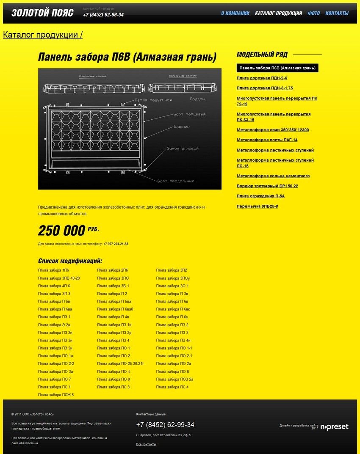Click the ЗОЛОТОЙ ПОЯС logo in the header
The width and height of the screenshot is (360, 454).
click(x=42, y=13)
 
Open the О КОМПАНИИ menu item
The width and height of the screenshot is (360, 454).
click(x=235, y=13)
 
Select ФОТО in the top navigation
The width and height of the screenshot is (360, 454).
click(x=314, y=13)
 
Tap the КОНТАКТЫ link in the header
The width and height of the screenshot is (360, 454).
click(x=337, y=13)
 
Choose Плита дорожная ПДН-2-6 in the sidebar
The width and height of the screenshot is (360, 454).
click(x=262, y=78)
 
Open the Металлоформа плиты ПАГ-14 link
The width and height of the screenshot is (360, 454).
click(x=267, y=140)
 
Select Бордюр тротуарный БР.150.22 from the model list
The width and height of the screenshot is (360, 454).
click(x=267, y=186)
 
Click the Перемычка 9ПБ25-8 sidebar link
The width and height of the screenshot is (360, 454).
click(x=257, y=206)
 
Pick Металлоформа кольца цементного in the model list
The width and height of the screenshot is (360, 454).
click(x=273, y=176)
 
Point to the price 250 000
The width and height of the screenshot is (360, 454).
click(x=62, y=231)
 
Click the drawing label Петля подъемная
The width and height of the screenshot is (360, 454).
click(x=153, y=100)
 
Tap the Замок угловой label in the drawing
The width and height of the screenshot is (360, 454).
click(x=183, y=149)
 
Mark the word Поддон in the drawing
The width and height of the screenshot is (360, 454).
click(x=197, y=99)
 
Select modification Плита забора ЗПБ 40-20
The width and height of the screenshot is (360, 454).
click(x=59, y=278)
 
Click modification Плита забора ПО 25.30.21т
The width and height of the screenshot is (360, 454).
click(x=120, y=364)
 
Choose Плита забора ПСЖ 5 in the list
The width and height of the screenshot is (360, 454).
click(x=56, y=395)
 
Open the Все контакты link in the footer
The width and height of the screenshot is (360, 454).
click(x=146, y=444)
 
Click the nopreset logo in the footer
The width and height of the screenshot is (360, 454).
click(x=334, y=427)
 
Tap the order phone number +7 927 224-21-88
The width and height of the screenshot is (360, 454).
click(x=116, y=244)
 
